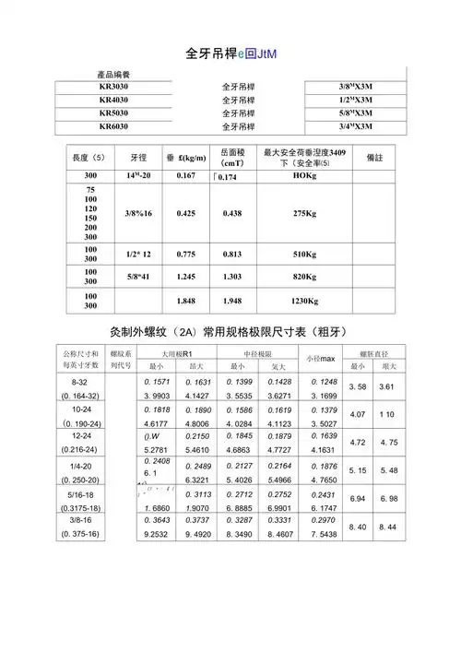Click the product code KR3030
click(114, 86)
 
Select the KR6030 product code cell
click(114, 125)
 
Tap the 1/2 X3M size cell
click(355, 100)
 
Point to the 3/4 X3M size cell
click(355, 126)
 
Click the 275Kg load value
click(304, 213)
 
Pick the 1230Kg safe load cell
click(304, 301)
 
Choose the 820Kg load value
click(304, 276)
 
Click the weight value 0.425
click(184, 213)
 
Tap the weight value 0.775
click(184, 253)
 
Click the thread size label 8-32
click(79, 381)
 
